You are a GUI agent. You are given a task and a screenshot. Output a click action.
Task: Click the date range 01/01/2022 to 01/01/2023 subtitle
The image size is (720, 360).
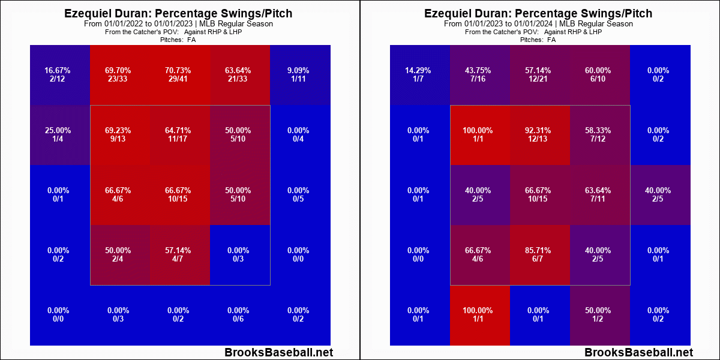[178, 24]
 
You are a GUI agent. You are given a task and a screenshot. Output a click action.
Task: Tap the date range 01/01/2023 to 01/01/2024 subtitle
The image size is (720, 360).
[538, 24]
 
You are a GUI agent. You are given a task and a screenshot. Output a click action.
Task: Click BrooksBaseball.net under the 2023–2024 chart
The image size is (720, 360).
[638, 353]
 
